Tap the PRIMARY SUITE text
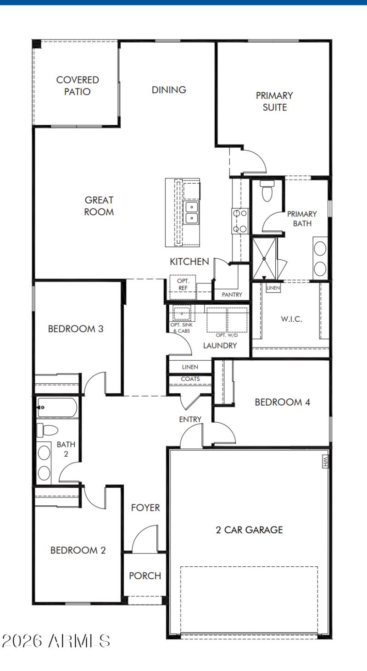pyautogui.click(x=274, y=101)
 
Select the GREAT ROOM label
pyautogui.click(x=99, y=206)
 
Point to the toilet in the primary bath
pyautogui.click(x=267, y=191)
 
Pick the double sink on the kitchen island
pyautogui.click(x=191, y=212)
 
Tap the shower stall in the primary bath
pyautogui.click(x=264, y=258)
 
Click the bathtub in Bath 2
pyautogui.click(x=57, y=407)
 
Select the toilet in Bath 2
pyautogui.click(x=48, y=430)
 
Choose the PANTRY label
pyautogui.click(x=232, y=295)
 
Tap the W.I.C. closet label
pyautogui.click(x=291, y=319)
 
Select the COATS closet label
pyautogui.click(x=190, y=379)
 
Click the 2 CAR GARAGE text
pyautogui.click(x=249, y=530)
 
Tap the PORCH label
pyautogui.click(x=145, y=576)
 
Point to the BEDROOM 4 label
pyautogui.click(x=283, y=403)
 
